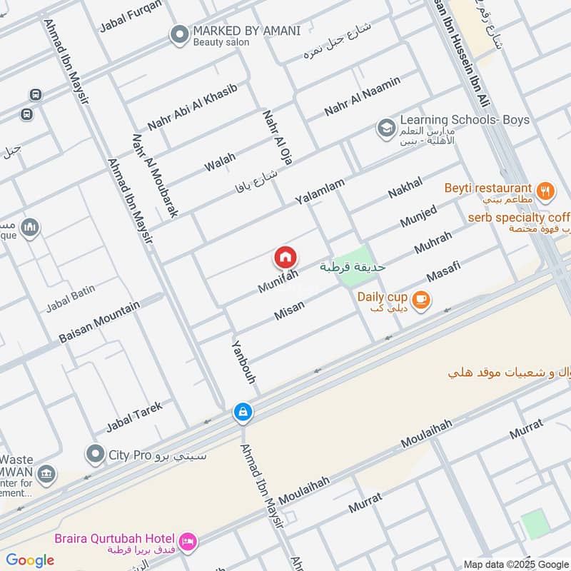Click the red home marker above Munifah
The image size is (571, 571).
click(285, 257)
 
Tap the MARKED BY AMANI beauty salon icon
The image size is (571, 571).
click(178, 34)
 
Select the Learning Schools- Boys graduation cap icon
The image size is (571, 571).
click(386, 128)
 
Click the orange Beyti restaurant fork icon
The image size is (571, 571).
click(546, 190)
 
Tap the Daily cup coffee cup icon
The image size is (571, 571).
click(421, 300)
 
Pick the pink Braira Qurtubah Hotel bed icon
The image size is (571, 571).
click(188, 542)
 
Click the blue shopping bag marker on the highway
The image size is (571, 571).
click(243, 412)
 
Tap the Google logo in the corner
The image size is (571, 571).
click(30, 560)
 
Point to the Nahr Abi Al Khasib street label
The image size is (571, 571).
click(192, 107)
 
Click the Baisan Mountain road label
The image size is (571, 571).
click(99, 322)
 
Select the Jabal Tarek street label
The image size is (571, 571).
click(134, 417)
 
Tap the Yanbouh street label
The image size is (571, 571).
click(243, 361)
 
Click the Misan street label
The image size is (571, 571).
click(289, 310)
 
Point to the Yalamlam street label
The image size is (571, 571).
click(320, 192)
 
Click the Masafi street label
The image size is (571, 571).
click(443, 271)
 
